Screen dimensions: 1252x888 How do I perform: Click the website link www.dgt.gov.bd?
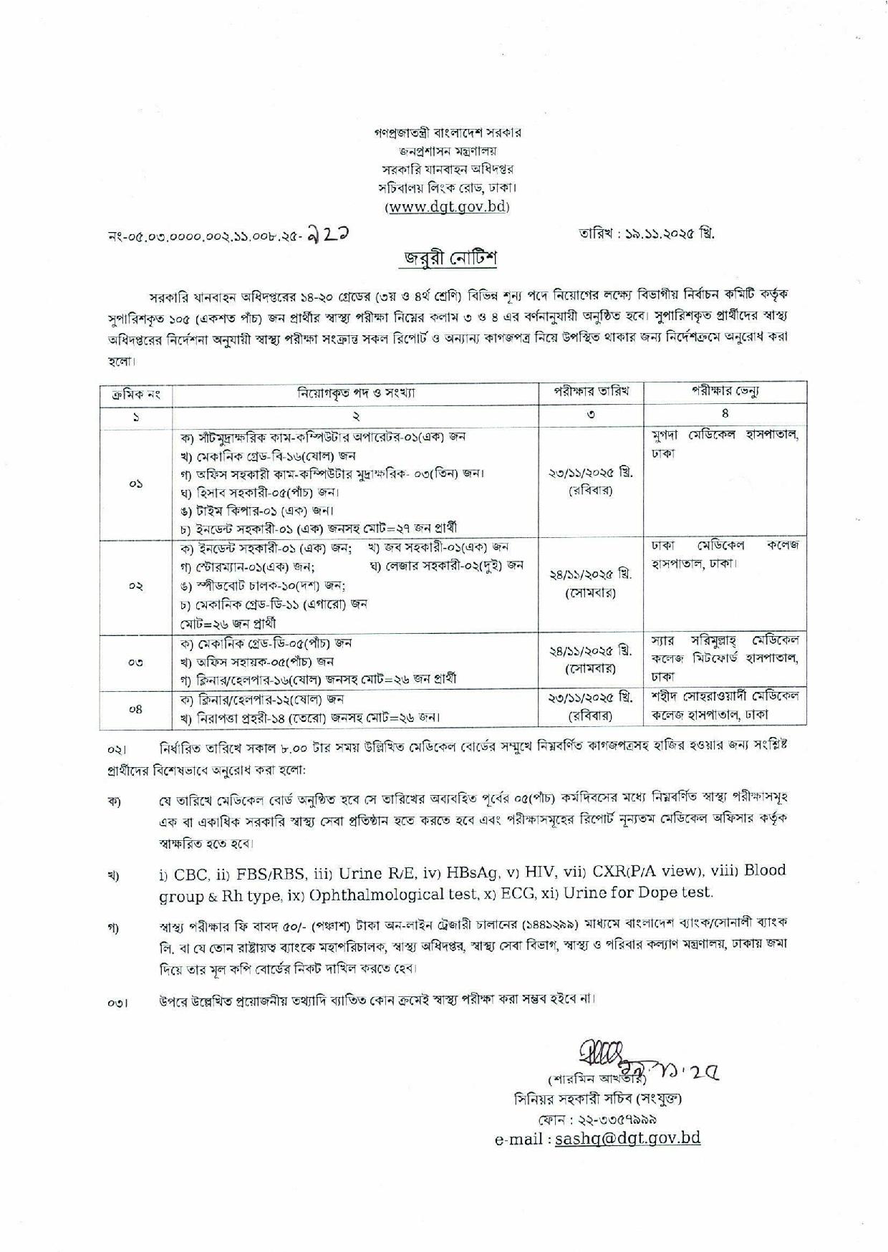448,207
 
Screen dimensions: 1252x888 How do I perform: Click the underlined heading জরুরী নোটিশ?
448,259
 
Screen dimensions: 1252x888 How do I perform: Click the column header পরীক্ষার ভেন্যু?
725,392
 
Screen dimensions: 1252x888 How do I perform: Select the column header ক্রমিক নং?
136,393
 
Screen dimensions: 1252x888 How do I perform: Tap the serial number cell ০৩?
136,663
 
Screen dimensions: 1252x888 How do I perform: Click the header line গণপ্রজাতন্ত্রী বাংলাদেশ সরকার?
448,133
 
